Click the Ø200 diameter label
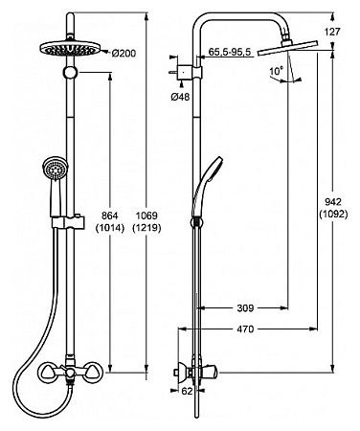click(x=124, y=53)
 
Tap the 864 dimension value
click(x=110, y=215)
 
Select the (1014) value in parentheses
click(x=110, y=228)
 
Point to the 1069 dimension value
click(x=146, y=215)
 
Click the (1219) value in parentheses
click(x=146, y=228)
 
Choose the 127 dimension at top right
click(x=332, y=32)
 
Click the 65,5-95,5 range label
click(x=230, y=52)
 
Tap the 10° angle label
click(x=277, y=71)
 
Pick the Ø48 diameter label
click(x=180, y=97)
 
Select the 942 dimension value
click(x=333, y=202)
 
